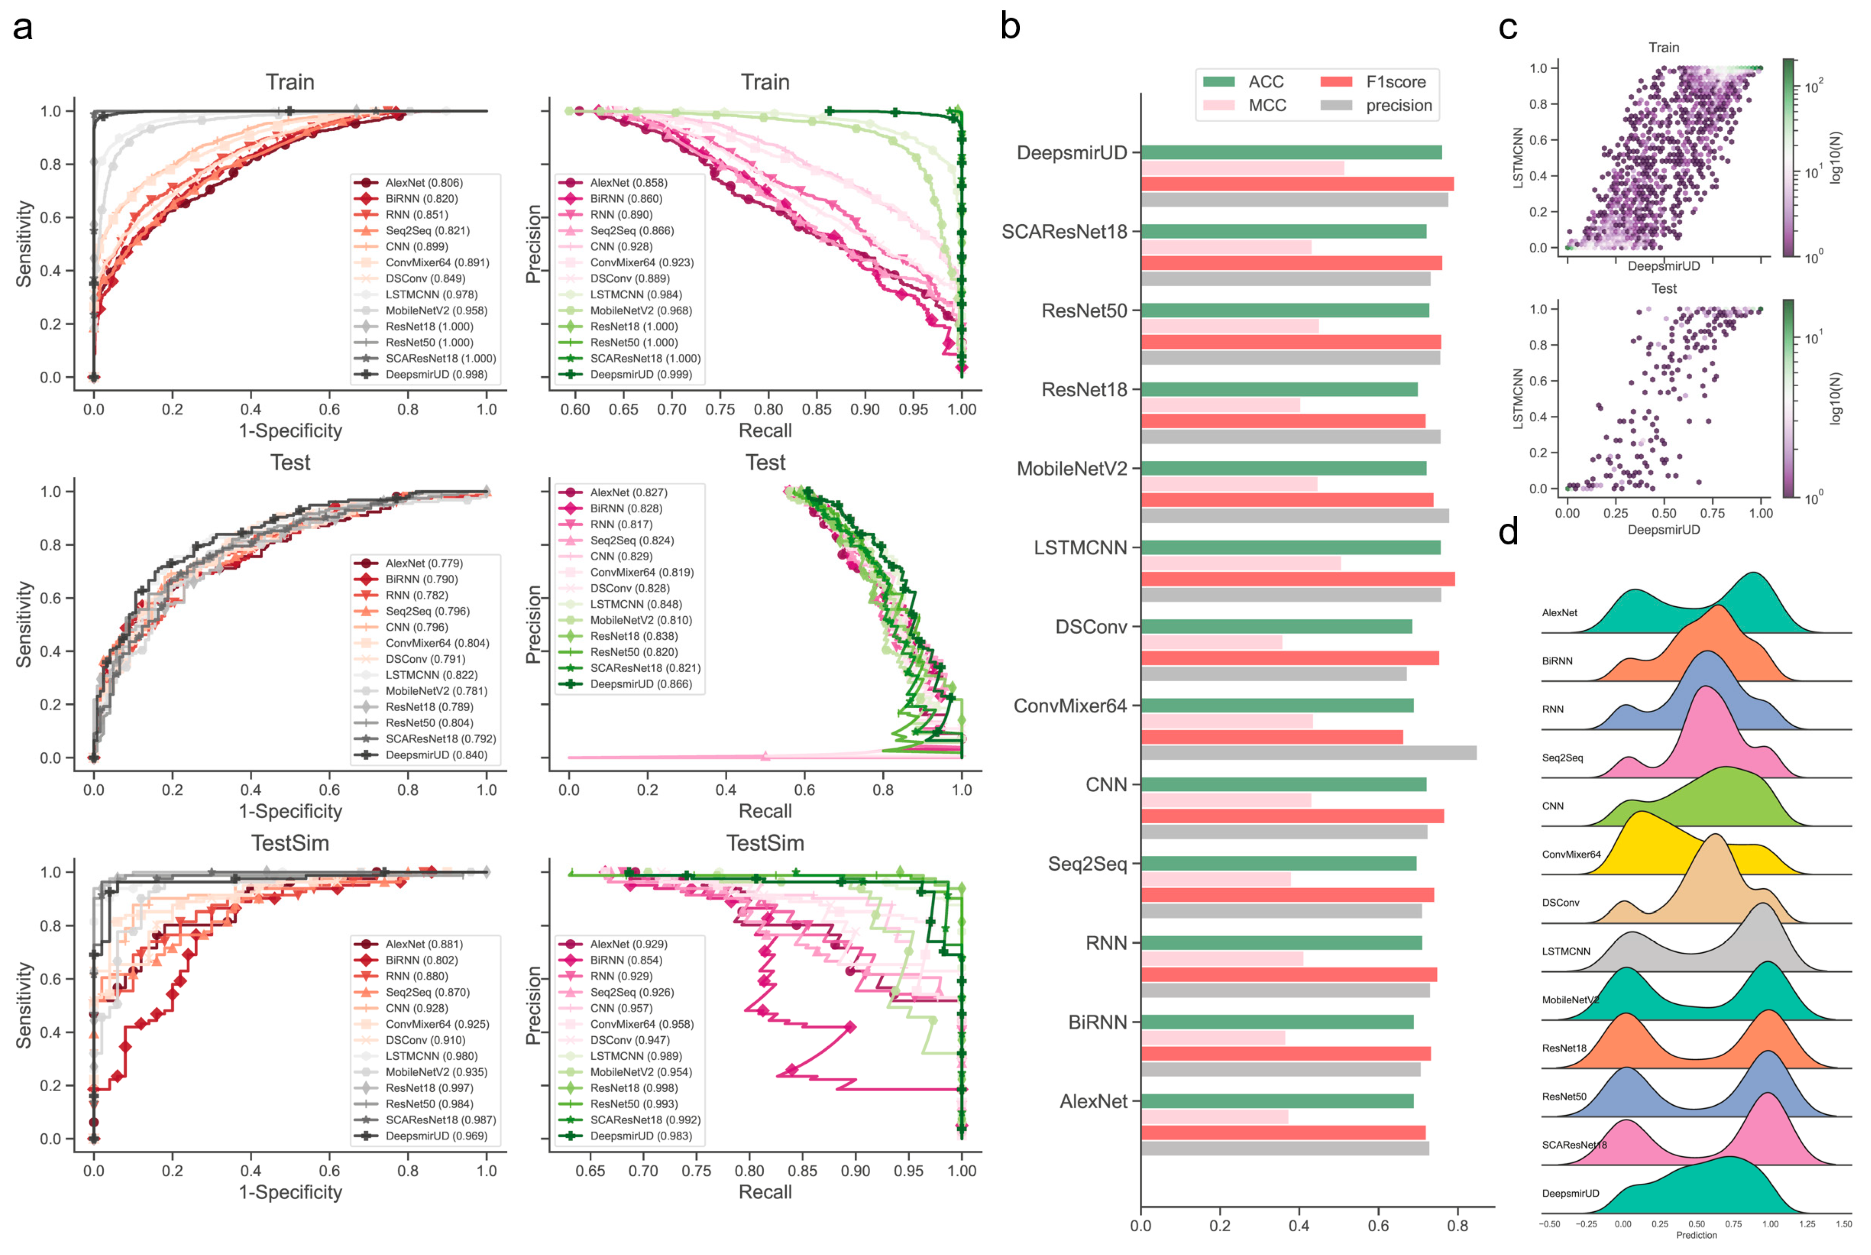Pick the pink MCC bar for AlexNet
tap(1214, 1117)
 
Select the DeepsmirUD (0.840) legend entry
tap(436, 755)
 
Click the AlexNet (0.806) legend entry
tap(424, 183)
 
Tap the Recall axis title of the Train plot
tap(765, 431)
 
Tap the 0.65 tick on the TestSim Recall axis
tap(590, 1171)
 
